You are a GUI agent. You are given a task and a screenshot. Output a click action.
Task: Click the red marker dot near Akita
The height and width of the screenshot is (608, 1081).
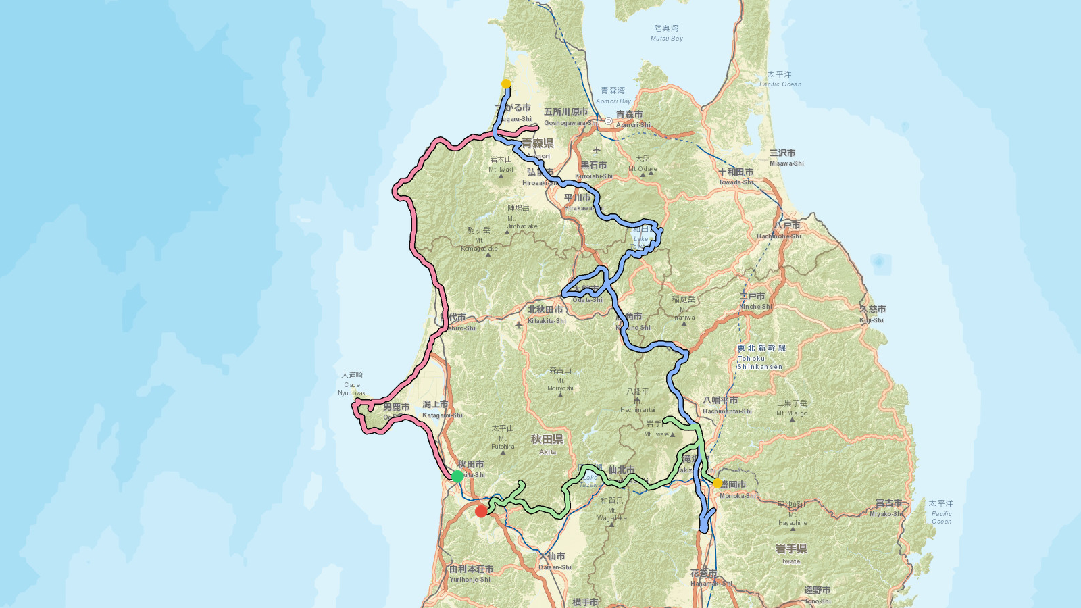tap(481, 511)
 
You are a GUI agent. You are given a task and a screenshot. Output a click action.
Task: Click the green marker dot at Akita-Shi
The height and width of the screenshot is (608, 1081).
tap(457, 476)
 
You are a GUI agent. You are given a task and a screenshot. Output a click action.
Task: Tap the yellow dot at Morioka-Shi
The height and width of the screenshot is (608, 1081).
tap(718, 483)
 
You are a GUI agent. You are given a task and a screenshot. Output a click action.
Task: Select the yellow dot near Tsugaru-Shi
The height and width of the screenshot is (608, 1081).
tap(506, 84)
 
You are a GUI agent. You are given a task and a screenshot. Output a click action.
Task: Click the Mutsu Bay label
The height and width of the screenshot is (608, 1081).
tap(666, 33)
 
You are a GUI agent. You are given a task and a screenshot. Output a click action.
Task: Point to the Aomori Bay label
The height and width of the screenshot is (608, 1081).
tap(613, 95)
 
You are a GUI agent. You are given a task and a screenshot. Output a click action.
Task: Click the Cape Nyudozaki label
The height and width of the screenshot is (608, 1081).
tap(352, 384)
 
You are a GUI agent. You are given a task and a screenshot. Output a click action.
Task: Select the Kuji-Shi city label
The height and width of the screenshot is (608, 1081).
tap(872, 314)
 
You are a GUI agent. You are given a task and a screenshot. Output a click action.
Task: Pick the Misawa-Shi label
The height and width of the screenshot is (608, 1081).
tap(786, 158)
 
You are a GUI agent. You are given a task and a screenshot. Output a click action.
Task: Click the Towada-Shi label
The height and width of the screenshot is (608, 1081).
tap(736, 177)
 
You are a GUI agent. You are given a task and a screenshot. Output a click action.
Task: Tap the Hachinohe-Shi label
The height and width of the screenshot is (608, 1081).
tap(779, 230)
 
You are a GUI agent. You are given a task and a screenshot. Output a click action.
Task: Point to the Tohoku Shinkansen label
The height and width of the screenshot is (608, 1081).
tap(761, 357)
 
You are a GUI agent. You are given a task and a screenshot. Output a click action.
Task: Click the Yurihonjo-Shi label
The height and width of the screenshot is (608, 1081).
tap(471, 574)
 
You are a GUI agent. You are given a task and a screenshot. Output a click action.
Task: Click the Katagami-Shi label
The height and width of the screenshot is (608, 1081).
tap(441, 409)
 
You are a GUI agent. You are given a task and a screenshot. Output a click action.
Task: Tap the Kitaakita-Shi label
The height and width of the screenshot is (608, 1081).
tap(546, 315)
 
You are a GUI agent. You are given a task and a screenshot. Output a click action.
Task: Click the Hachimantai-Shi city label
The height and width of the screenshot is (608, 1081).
tap(726, 405)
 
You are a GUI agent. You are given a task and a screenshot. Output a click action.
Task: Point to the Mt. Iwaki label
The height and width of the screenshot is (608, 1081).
tap(501, 164)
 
